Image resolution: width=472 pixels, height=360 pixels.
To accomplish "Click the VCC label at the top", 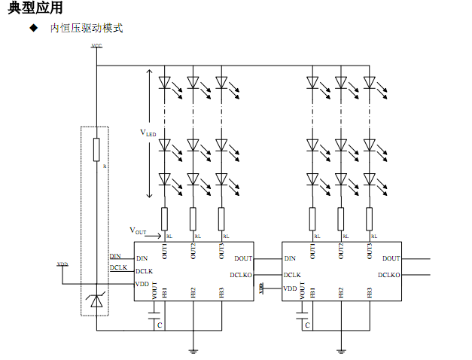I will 96,46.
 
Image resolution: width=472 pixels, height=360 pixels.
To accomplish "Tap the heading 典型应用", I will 35,8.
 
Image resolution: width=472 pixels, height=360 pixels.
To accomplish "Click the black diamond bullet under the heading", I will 32,28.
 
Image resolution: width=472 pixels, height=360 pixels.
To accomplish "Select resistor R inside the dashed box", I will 96,150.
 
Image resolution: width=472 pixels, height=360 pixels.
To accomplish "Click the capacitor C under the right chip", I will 303,321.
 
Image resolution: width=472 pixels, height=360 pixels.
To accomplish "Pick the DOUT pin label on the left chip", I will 243,258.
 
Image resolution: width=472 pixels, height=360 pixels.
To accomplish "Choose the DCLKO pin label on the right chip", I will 388,275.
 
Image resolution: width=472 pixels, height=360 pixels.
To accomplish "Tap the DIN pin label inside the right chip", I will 289,258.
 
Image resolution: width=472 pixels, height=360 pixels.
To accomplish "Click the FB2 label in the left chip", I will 193,291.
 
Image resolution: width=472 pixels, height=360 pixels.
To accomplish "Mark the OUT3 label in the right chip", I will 370,251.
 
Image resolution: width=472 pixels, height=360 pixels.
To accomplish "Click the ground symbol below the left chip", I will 193,349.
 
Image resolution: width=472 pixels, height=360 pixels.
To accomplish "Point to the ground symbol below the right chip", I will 341,349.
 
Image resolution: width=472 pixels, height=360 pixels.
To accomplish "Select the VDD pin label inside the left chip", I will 142,284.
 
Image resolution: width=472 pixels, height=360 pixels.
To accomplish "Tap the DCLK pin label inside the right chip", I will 292,275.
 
